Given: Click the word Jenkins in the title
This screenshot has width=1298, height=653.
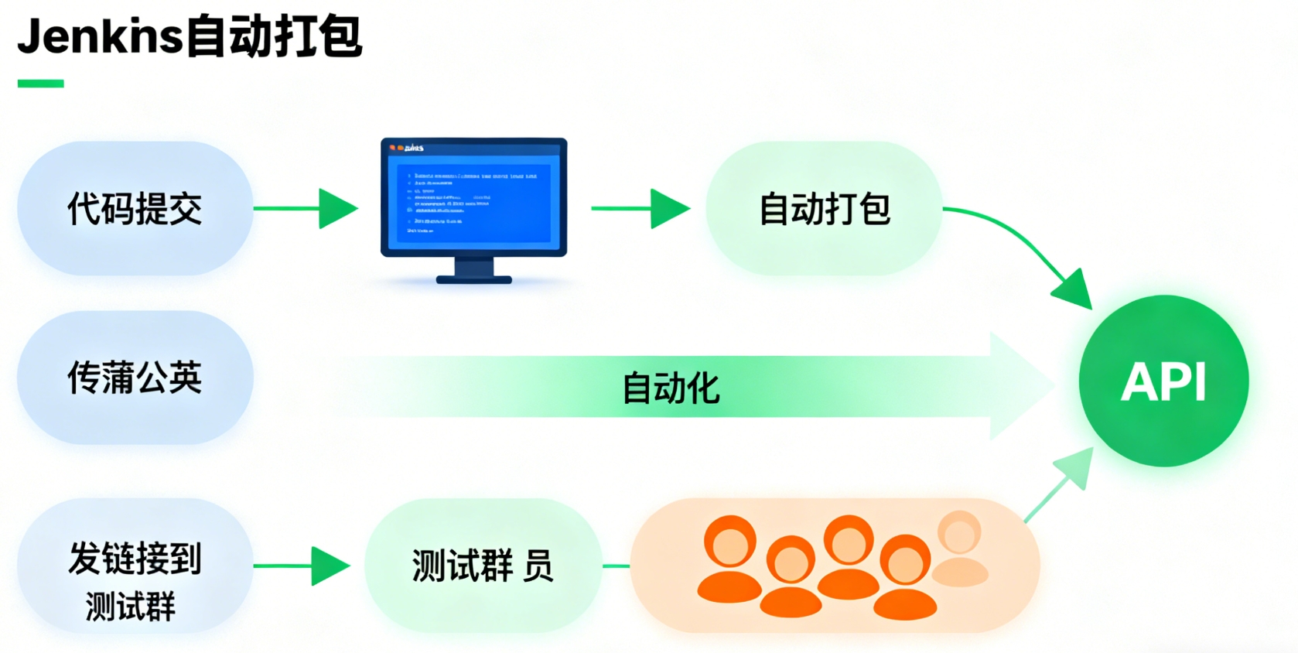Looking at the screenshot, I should [x=101, y=36].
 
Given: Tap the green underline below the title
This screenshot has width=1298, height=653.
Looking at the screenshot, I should [x=40, y=84].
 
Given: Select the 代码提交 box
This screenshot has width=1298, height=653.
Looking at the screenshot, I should [x=135, y=208].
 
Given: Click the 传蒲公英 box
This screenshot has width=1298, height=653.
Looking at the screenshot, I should [x=135, y=378].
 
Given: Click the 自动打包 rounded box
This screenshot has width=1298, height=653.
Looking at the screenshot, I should [x=824, y=208].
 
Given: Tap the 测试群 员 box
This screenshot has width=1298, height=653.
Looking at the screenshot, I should [x=482, y=566].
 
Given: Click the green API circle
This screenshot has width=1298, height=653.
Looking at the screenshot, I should [x=1163, y=381].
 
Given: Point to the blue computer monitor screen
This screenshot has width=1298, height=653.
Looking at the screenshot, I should [x=473, y=197].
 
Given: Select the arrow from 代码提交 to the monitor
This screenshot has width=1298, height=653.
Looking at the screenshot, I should [x=306, y=208].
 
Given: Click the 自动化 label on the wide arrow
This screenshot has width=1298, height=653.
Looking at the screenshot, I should [x=671, y=388].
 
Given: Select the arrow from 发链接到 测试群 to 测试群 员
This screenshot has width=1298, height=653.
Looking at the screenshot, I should [x=302, y=566].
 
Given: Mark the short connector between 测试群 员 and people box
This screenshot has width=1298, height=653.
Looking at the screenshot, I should [x=616, y=566].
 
